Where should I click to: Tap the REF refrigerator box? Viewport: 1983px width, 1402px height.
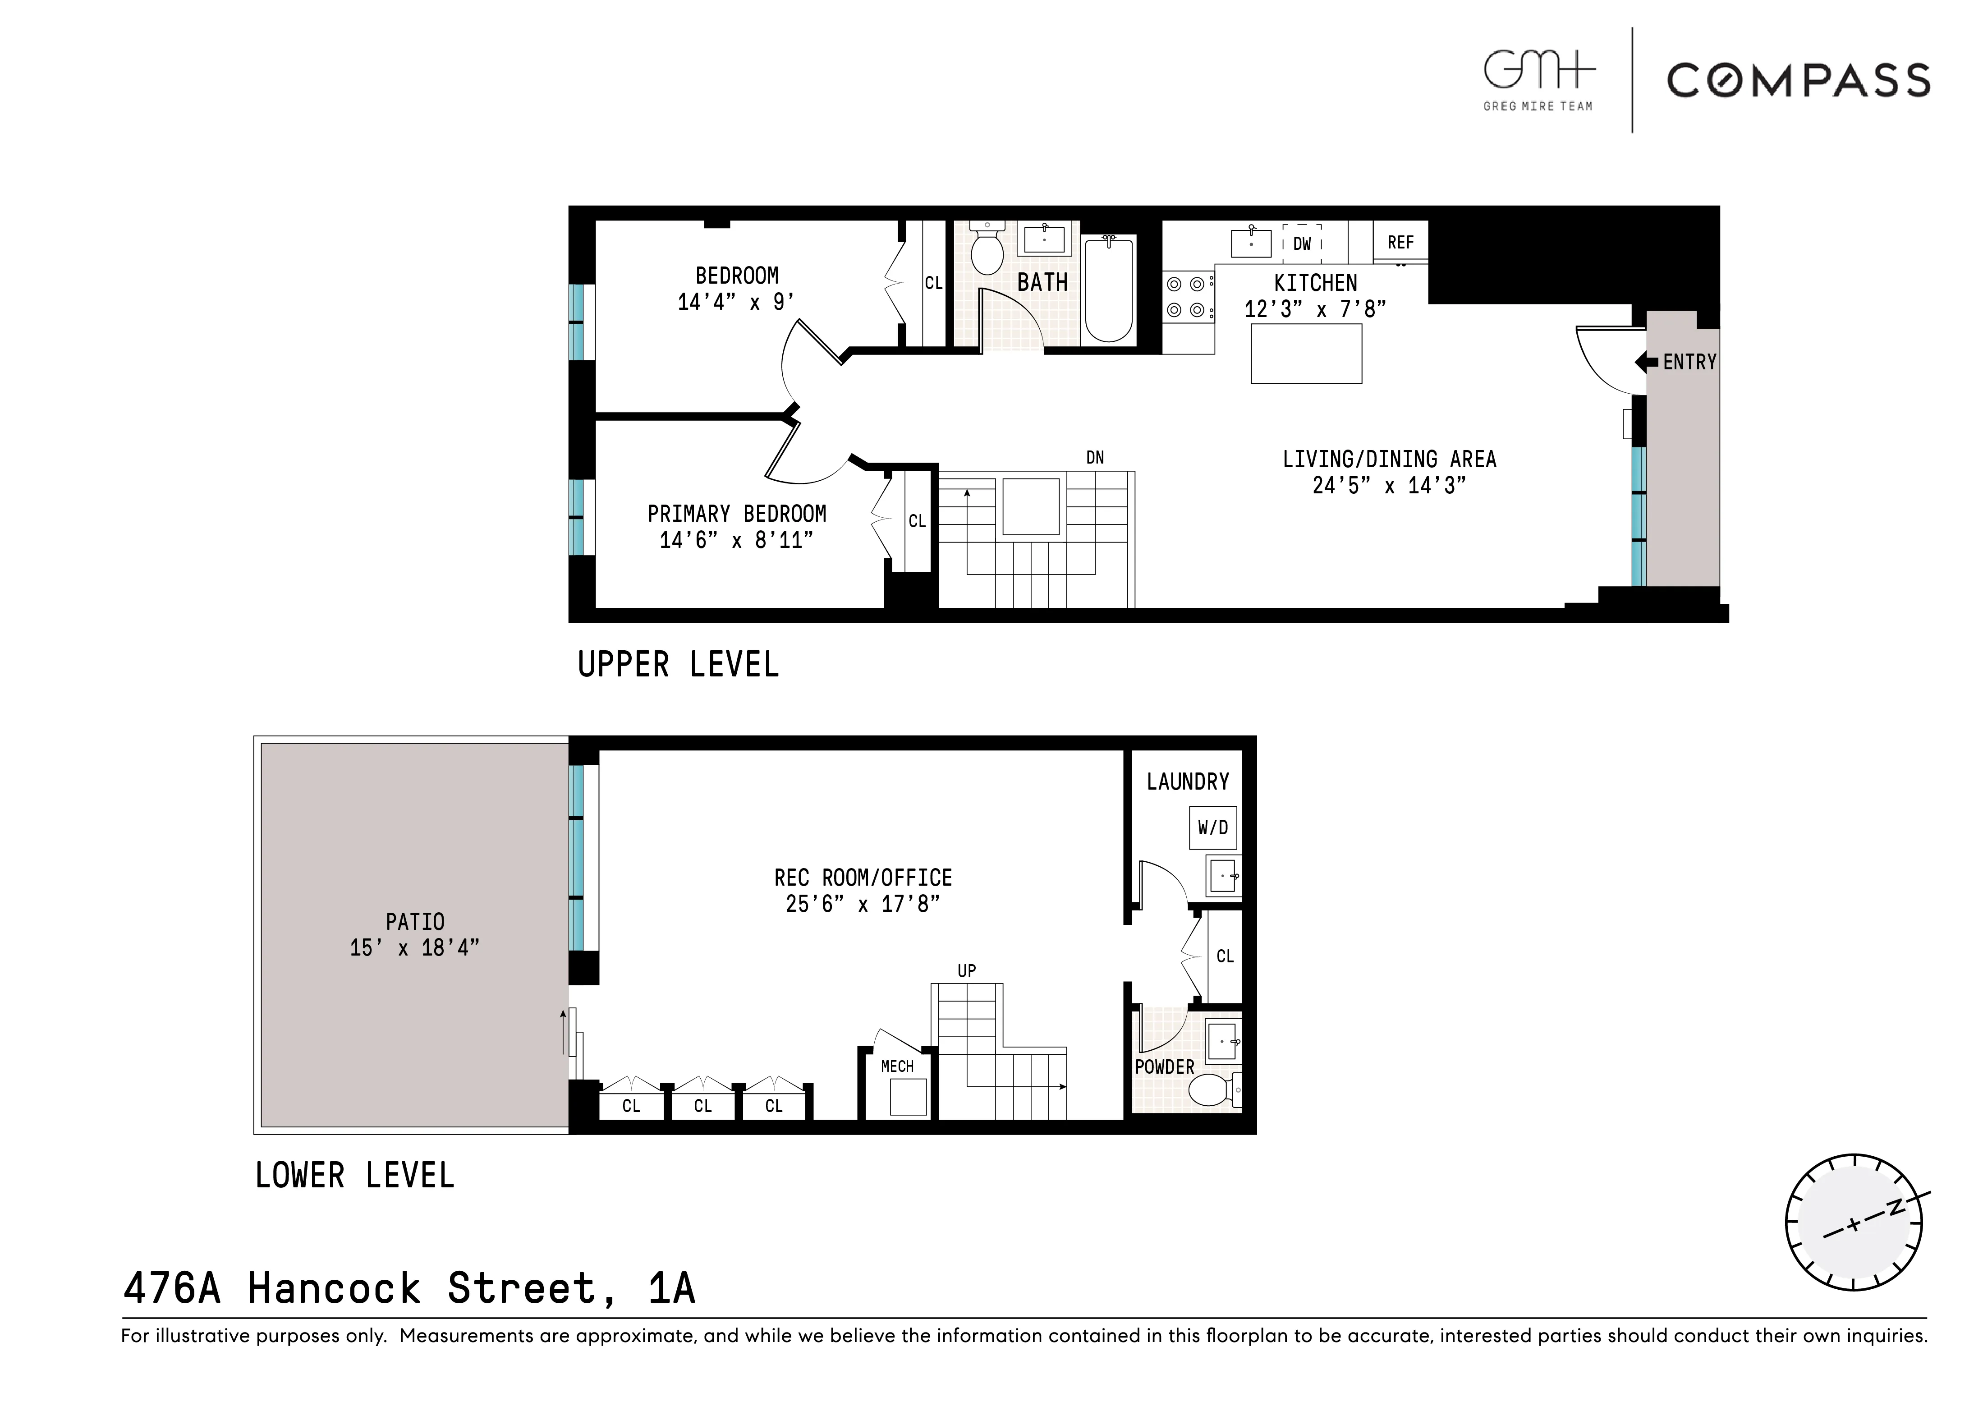point(1400,242)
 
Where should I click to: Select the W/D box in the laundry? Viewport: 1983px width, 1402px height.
point(1212,827)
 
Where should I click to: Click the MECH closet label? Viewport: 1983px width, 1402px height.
point(896,1066)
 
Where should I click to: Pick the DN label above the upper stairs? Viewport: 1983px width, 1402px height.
point(1094,458)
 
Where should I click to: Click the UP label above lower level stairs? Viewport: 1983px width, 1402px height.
point(966,971)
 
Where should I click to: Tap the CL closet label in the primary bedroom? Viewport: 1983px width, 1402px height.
point(916,522)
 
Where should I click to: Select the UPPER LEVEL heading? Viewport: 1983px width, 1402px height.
point(678,664)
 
